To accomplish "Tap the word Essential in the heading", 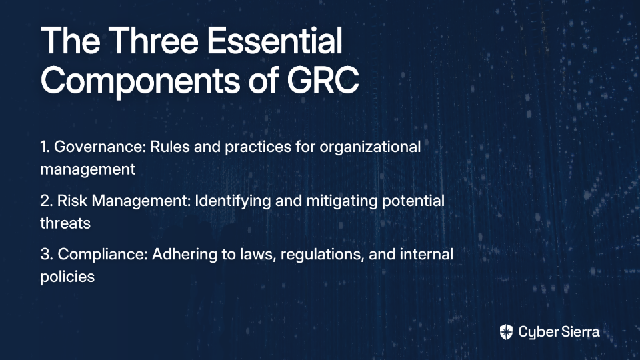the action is click(275, 41).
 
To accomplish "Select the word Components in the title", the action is click(140, 81).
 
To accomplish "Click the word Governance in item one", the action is click(99, 147).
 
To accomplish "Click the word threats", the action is click(65, 223).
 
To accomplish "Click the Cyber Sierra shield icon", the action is click(506, 332).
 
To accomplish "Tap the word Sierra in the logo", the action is click(579, 331).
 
